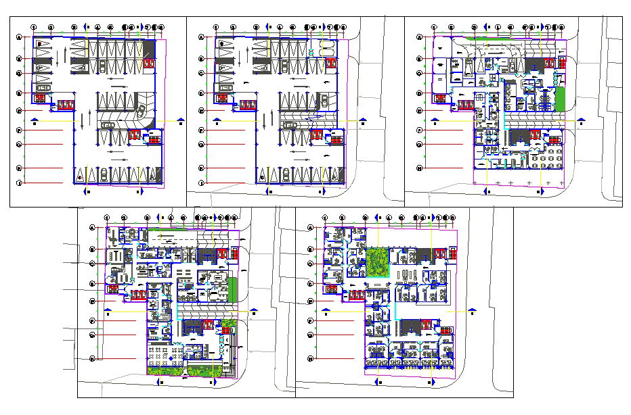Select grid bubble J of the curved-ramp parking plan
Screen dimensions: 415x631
[20, 183]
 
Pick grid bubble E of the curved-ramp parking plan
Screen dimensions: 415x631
[20, 110]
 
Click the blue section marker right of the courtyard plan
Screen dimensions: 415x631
[473, 312]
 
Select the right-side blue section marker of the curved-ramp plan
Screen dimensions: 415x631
[180, 120]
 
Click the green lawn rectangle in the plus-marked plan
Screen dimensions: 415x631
[560, 99]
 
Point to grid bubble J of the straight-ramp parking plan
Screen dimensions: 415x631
[201, 183]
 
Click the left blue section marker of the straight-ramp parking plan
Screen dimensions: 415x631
[215, 120]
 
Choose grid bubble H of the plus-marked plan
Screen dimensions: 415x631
[419, 168]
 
